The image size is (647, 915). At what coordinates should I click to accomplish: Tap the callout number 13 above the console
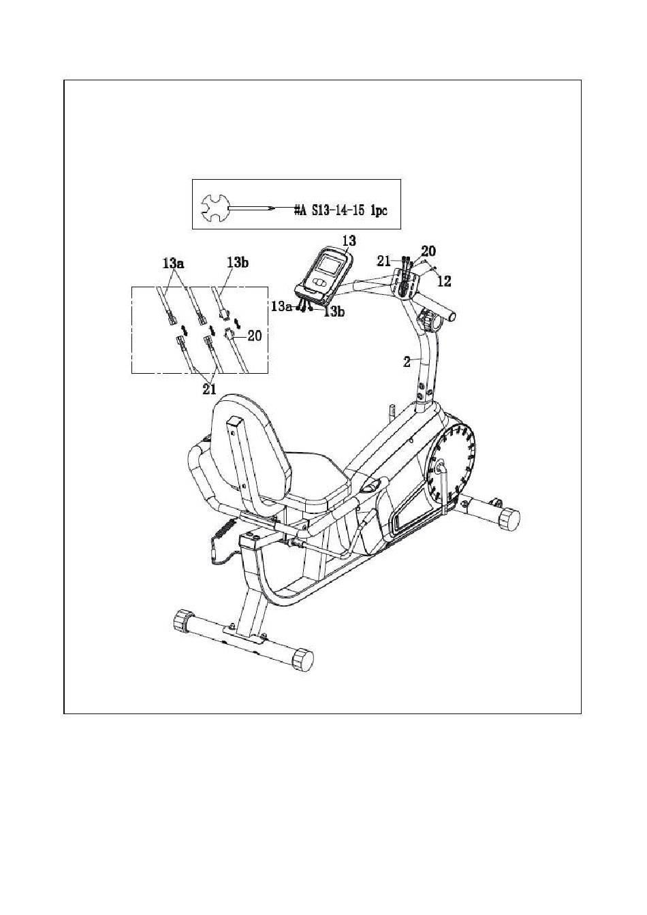pos(349,240)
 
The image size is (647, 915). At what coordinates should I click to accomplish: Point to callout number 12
pos(443,280)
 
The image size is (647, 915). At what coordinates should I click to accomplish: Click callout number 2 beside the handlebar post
pos(407,362)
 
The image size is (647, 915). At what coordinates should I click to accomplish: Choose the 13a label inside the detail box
pos(174,262)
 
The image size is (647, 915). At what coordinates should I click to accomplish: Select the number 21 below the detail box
pos(208,389)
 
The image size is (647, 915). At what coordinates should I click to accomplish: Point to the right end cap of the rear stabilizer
pos(303,660)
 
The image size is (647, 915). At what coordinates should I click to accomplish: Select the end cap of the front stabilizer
pos(509,520)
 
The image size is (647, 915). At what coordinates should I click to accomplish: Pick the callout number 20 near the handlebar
pos(428,251)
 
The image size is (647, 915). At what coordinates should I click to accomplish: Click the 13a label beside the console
pos(281,306)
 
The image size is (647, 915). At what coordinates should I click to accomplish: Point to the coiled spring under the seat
pos(226,530)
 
